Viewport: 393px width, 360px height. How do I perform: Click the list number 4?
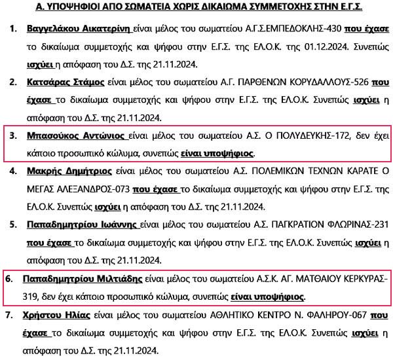pyautogui.click(x=13, y=173)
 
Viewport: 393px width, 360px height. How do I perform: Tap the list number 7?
pyautogui.click(x=13, y=315)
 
